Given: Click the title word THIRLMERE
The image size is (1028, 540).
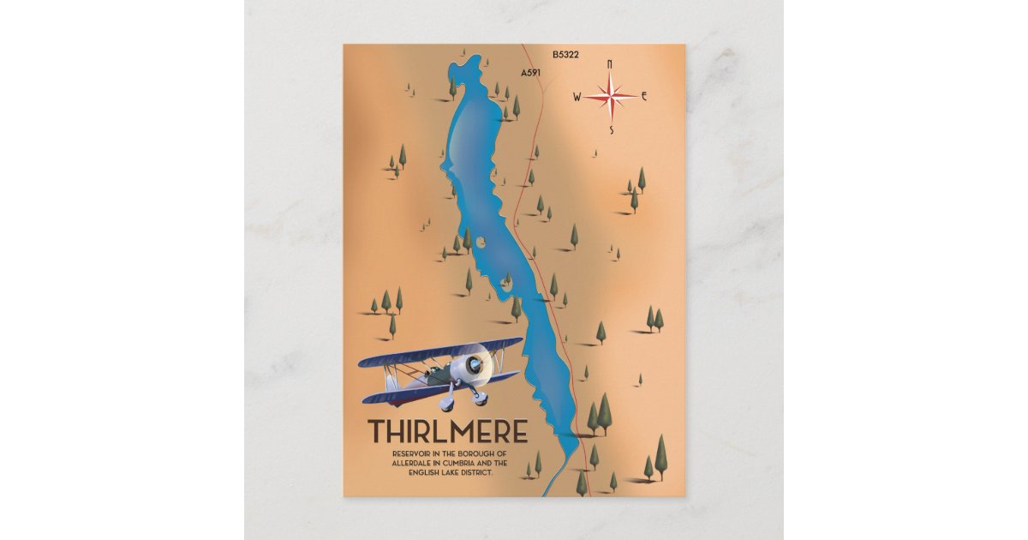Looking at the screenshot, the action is (447, 431).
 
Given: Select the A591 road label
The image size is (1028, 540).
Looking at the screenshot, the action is (531, 74).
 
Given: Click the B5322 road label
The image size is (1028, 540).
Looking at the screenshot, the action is (565, 54).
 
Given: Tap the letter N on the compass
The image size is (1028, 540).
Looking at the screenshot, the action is (610, 63).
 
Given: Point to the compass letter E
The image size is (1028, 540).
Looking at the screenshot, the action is (644, 96).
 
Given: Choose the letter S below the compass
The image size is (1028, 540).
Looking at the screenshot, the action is (612, 130).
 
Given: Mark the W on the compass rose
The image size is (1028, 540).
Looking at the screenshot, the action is (577, 97).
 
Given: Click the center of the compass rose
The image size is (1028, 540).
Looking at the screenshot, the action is (611, 96).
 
